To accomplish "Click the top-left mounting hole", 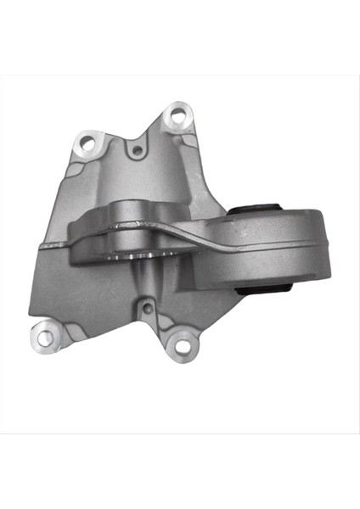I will pyautogui.click(x=86, y=144).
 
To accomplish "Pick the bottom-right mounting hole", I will pyautogui.click(x=181, y=343).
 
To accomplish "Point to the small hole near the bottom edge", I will pyautogui.click(x=146, y=308).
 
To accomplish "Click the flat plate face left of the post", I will pyautogui.click(x=93, y=284).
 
